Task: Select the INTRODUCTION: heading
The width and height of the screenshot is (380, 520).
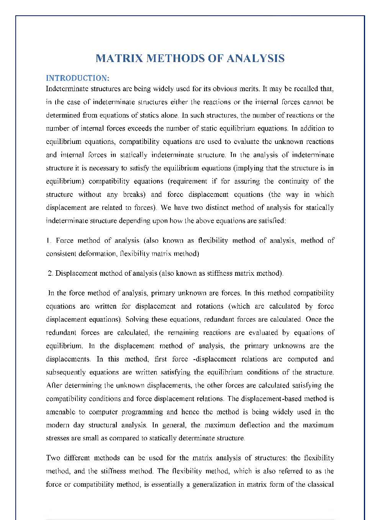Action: tap(77, 78)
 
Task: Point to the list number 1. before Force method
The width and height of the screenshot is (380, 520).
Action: tap(49, 240)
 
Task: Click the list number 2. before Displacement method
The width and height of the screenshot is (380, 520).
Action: tap(51, 273)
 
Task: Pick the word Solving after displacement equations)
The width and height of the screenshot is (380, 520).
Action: tap(137, 319)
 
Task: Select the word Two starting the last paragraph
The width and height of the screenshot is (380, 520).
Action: tap(53, 458)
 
